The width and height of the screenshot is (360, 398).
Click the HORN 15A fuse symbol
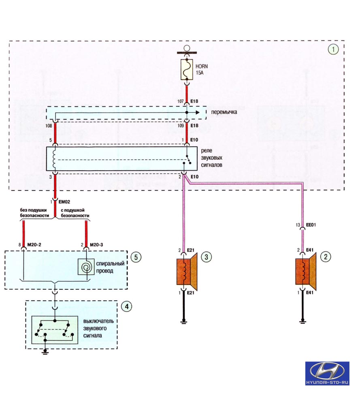click(187, 70)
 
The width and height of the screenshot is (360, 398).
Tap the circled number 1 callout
click(333, 49)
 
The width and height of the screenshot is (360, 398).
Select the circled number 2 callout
click(326, 257)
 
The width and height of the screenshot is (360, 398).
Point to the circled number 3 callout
click(207, 257)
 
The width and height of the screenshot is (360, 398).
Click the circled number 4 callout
click(126, 306)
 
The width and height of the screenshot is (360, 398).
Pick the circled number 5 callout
click(136, 257)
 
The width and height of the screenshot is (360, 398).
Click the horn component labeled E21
click(187, 272)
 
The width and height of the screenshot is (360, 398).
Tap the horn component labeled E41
click(306, 272)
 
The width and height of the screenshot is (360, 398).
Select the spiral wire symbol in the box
click(86, 267)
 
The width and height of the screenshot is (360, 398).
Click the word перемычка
click(224, 112)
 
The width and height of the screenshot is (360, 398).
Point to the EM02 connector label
click(64, 202)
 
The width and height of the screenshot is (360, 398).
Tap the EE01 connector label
click(311, 225)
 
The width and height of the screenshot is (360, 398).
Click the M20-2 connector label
click(34, 245)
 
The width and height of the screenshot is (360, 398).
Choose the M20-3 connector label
click(97, 245)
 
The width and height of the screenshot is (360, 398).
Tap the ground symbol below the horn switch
click(45, 352)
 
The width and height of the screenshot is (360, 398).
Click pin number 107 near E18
click(180, 101)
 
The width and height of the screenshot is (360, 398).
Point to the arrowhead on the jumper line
click(198, 112)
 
